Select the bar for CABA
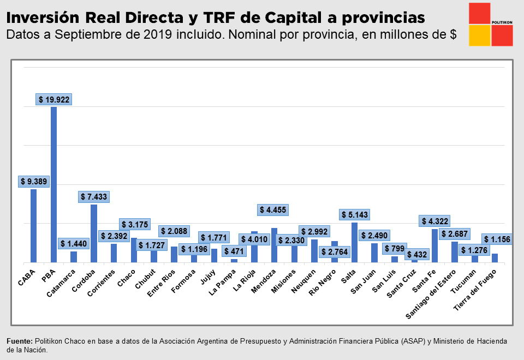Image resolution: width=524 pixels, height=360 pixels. click(x=34, y=226)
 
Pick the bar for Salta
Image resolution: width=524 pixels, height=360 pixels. click(x=354, y=242)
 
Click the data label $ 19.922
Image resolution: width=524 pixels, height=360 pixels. click(x=54, y=99)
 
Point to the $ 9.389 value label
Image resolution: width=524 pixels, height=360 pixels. click(x=34, y=182)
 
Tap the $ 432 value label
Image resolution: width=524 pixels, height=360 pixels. click(x=418, y=254)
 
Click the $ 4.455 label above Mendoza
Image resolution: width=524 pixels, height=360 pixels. click(x=273, y=210)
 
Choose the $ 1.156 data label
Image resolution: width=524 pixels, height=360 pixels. click(x=497, y=239)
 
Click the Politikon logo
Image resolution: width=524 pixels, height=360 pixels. click(x=490, y=25)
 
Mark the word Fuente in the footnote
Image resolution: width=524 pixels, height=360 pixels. click(x=20, y=341)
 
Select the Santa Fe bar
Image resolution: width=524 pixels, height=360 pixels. click(x=434, y=245)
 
